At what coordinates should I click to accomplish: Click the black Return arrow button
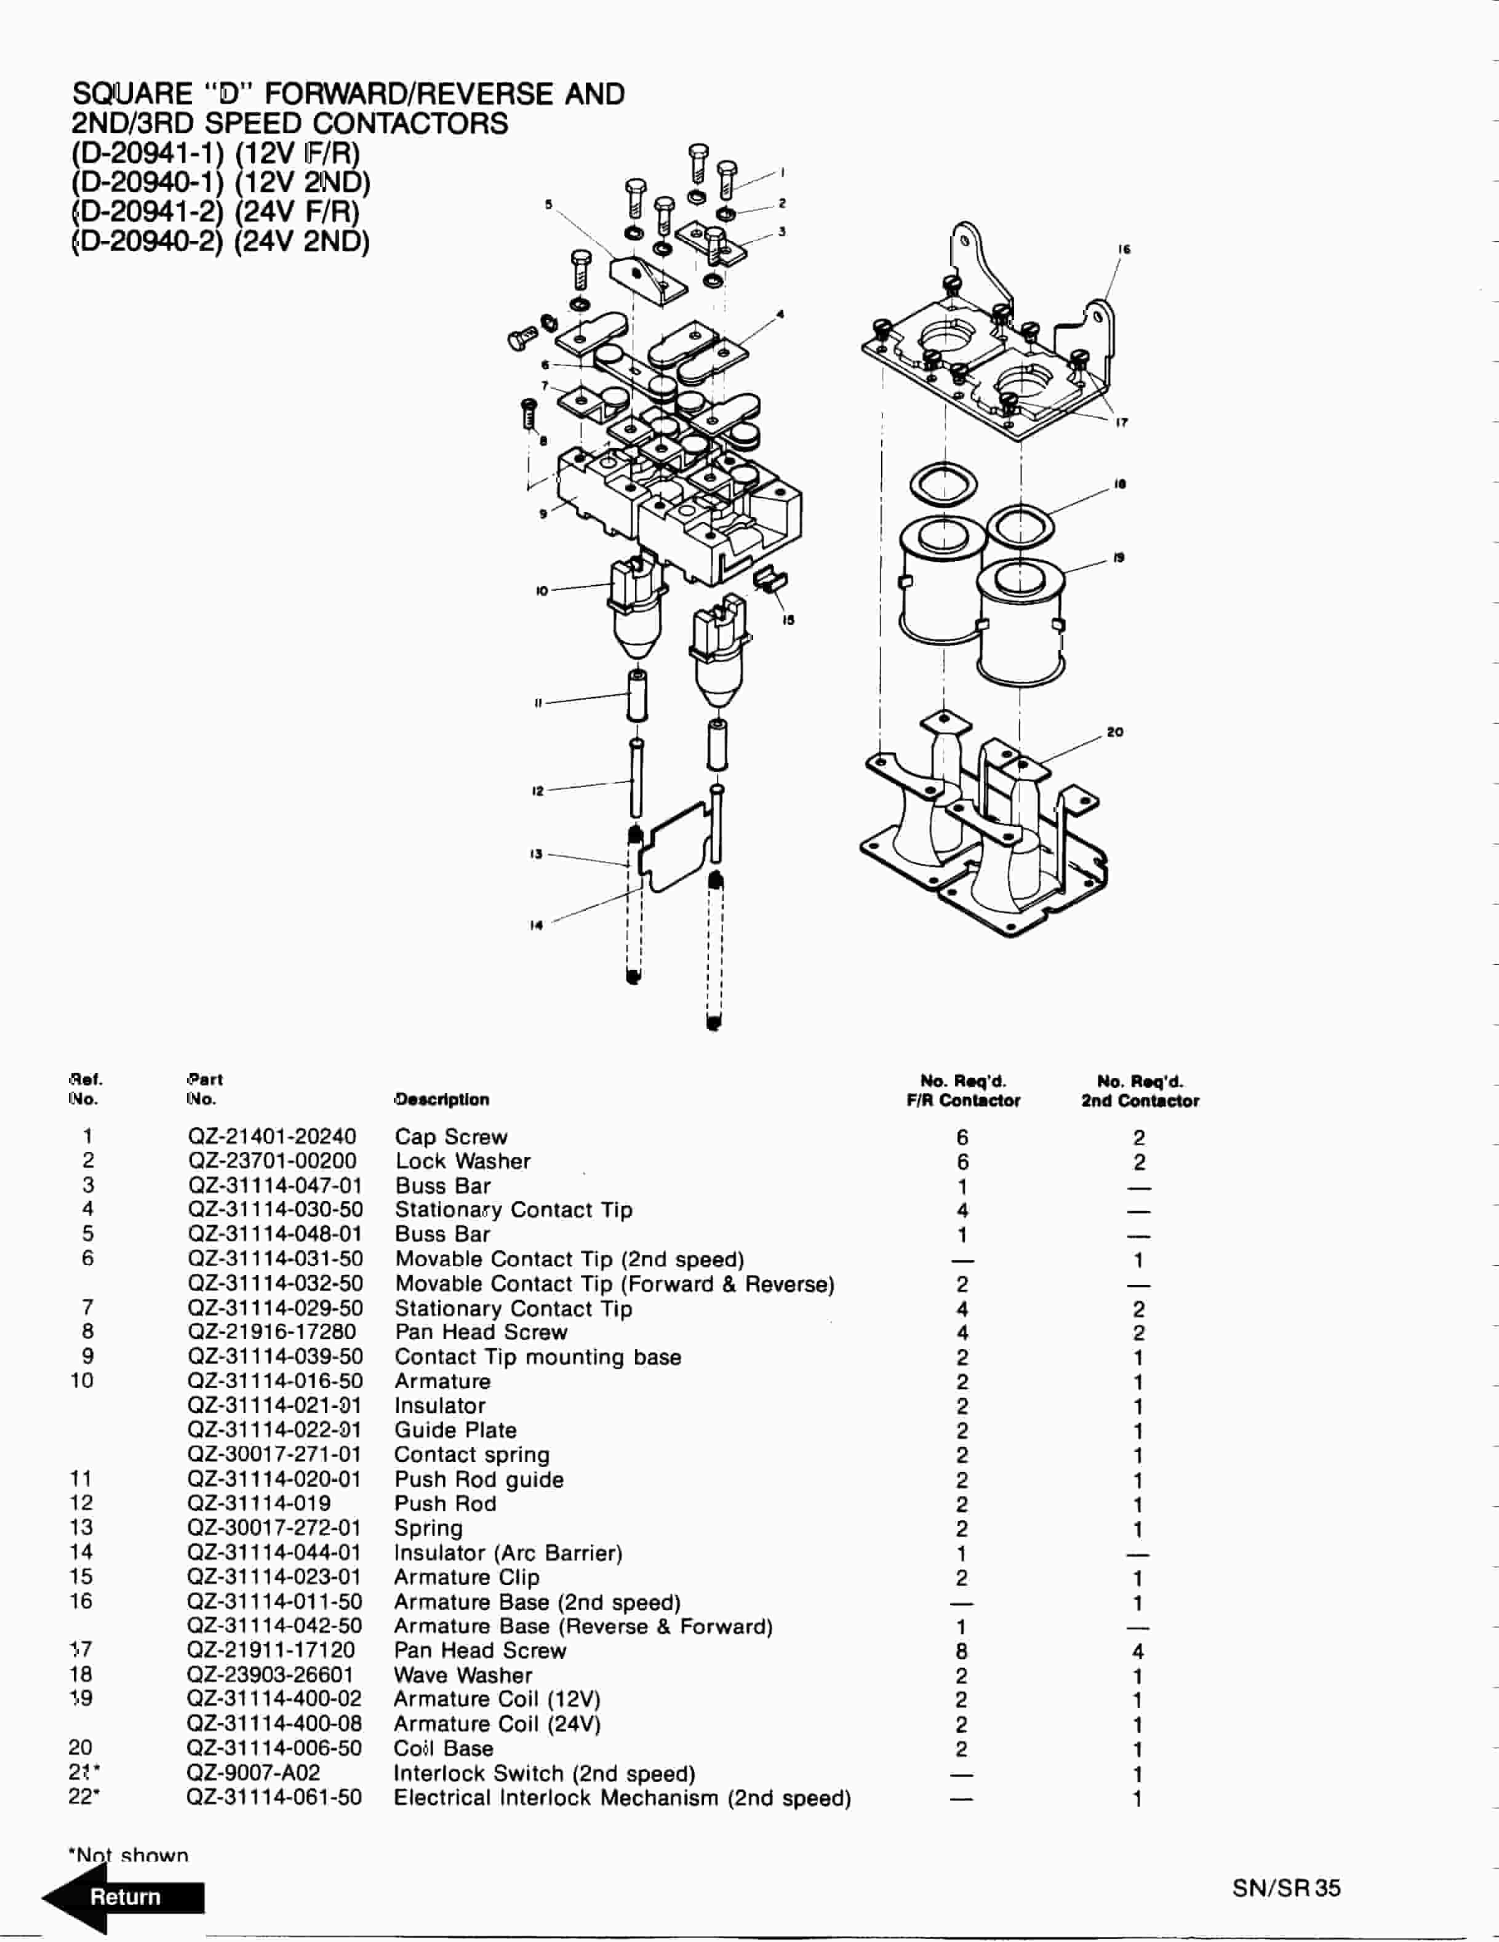pos(124,1896)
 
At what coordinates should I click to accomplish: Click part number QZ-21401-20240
pos(271,1137)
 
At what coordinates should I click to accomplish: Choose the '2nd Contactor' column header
pos(1139,1101)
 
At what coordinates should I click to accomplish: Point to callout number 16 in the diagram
pos(1124,250)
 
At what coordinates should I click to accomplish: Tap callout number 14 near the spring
pos(536,925)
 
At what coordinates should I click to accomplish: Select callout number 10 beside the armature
pos(542,591)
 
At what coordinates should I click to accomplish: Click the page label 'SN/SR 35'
pos(1285,1888)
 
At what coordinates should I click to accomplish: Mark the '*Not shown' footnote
pos(129,1855)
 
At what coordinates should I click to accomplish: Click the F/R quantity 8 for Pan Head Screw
pos(961,1650)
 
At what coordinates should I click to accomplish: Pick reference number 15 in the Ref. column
pos(81,1576)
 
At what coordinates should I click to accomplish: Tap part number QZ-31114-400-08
pos(274,1724)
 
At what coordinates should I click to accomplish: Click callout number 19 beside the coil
pos(1119,557)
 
